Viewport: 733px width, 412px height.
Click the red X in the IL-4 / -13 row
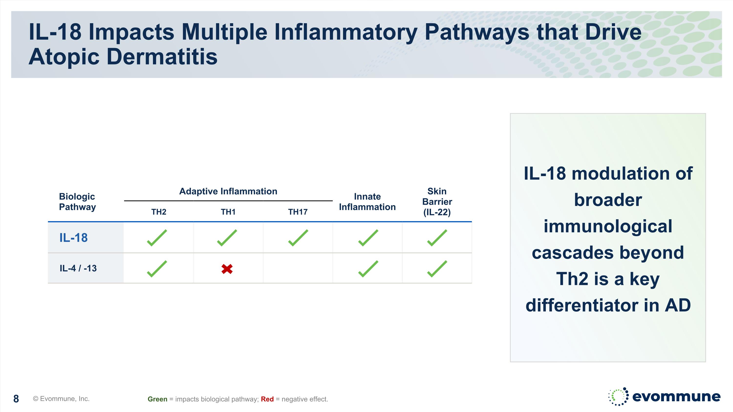227,269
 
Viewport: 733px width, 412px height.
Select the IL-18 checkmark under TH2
157,238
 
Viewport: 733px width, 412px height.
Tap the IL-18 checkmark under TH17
298,238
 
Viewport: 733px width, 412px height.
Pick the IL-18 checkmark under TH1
227,238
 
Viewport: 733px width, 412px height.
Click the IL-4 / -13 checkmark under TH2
157,269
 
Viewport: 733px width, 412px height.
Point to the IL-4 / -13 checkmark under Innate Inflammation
368,269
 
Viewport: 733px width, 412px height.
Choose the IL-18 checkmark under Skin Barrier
437,238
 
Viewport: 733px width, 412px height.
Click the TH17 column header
298,212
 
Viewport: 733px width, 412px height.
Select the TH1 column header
228,212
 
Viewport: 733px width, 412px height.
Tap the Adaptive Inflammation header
228,191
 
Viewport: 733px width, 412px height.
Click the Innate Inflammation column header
367,201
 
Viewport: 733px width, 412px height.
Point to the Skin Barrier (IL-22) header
437,201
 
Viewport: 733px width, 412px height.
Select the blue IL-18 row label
73,238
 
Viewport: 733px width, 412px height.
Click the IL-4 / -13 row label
78,268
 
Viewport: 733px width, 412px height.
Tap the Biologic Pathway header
77,201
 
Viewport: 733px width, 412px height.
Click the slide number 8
16,399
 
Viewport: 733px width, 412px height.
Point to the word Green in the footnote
157,399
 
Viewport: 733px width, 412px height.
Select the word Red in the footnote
267,399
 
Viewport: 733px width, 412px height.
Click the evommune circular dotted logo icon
618,396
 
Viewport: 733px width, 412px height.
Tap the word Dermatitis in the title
162,57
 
